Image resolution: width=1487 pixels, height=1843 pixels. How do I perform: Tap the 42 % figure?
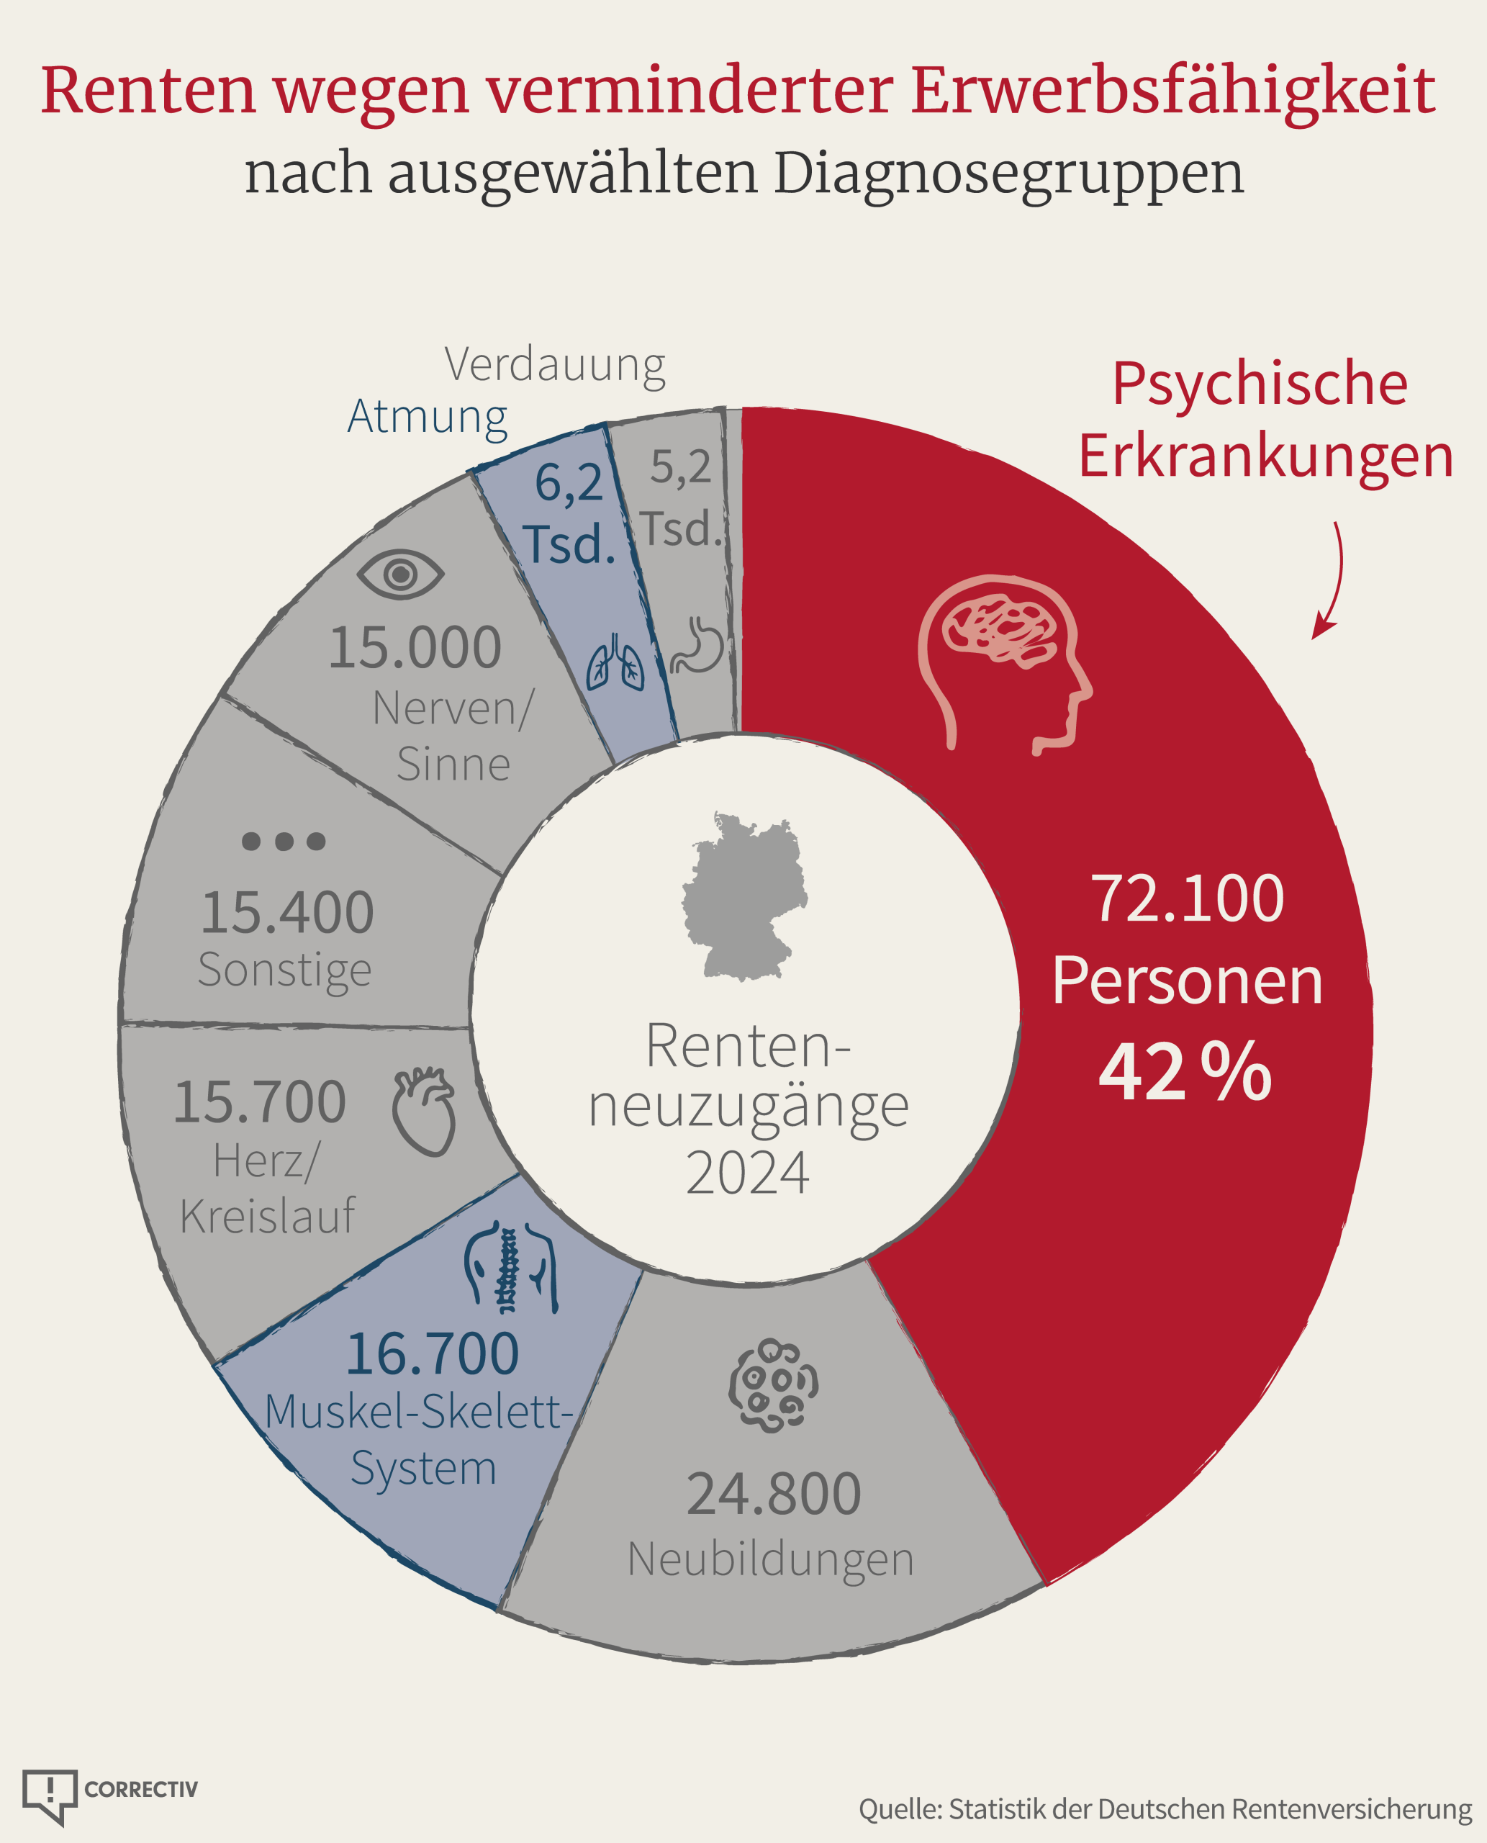tap(1185, 1071)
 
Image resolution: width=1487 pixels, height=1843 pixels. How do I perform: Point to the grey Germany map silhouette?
tap(744, 896)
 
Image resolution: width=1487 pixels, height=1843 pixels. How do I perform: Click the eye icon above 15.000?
tap(400, 574)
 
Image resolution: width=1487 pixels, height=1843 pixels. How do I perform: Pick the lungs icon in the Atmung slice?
tap(615, 662)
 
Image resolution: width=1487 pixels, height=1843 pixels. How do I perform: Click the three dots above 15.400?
tap(284, 841)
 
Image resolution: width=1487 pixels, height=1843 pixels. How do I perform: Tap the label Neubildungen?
tap(771, 1559)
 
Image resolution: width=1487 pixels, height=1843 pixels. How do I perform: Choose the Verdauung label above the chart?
tap(555, 366)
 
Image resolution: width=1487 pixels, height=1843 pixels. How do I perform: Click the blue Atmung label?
tap(428, 418)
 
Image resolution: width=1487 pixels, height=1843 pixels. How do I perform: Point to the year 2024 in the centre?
tap(747, 1173)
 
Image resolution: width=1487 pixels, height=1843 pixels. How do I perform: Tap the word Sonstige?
tap(284, 970)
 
